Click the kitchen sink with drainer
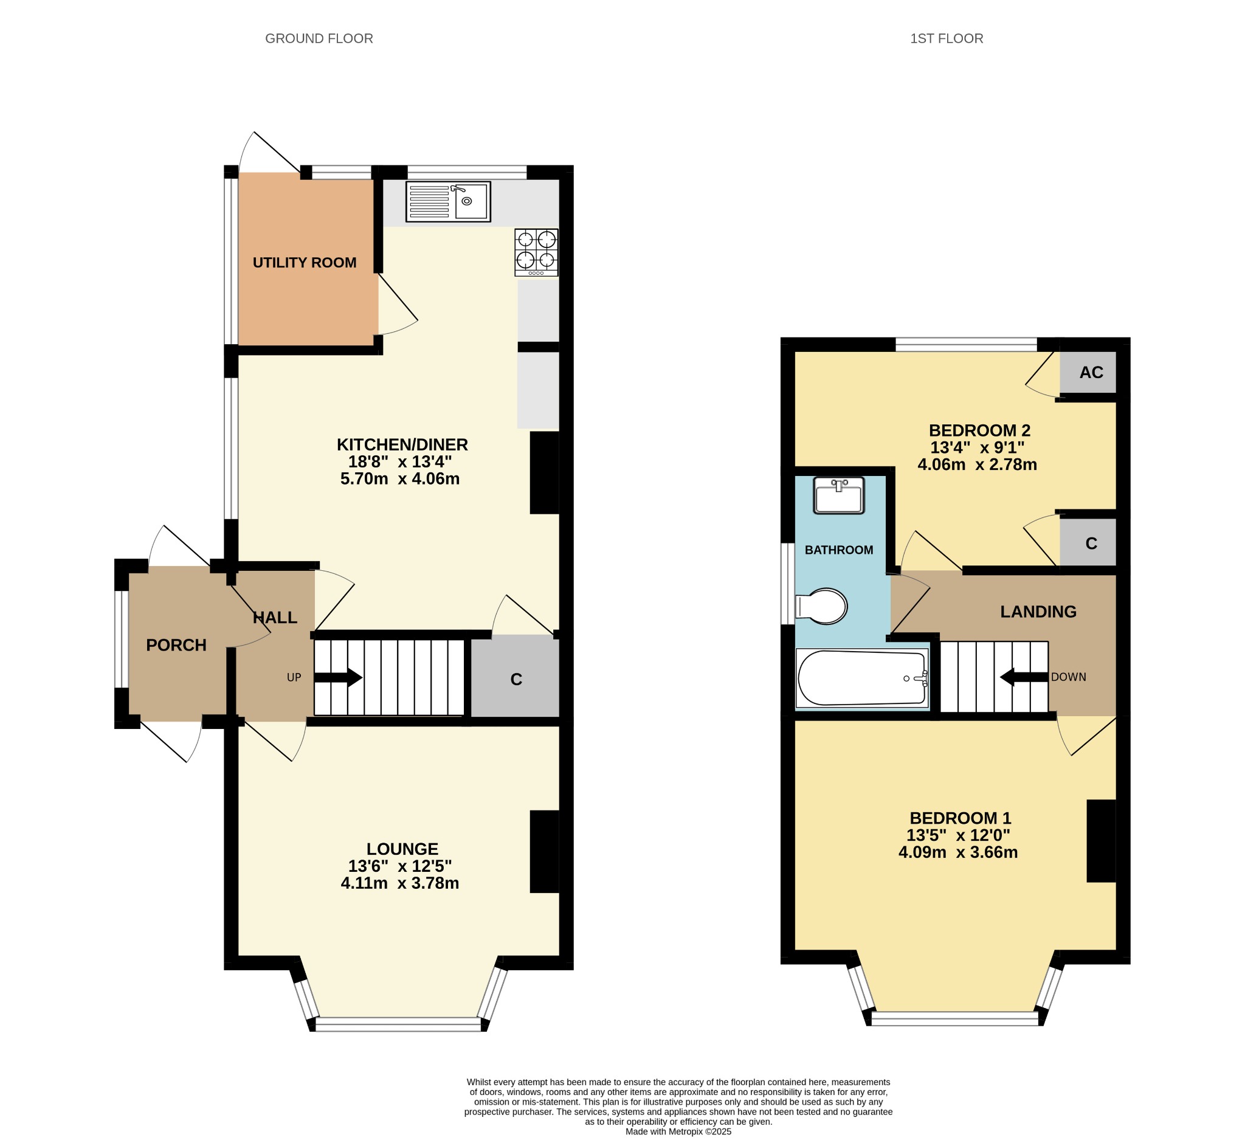click(x=447, y=202)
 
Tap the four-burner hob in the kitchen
click(x=536, y=252)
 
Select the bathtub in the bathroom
click(x=863, y=678)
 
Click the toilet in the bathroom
click(x=821, y=606)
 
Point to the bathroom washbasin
click(x=839, y=495)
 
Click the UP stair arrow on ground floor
click(x=338, y=677)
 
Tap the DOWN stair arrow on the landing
click(x=1024, y=677)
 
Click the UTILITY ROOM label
click(x=305, y=262)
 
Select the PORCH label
click(x=176, y=645)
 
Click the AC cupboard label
click(x=1091, y=372)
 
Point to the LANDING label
click(x=1038, y=612)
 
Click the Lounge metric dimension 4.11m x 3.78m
click(x=400, y=883)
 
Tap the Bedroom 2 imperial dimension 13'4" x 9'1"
click(x=977, y=447)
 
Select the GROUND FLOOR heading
click(x=319, y=38)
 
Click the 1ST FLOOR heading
click(x=946, y=38)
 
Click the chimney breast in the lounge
click(x=544, y=851)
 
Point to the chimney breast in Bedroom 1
click(x=1101, y=840)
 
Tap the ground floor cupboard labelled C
click(x=516, y=678)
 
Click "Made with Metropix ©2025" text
click(x=678, y=1131)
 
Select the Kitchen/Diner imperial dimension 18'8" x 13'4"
click(x=400, y=461)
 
